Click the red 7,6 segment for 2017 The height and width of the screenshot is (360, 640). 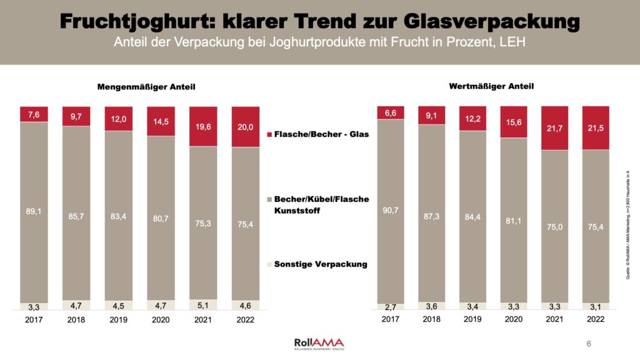[34, 114]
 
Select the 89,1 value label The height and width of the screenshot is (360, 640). [34, 211]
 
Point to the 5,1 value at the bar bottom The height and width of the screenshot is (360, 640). [202, 306]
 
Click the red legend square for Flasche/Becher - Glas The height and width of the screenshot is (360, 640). [269, 135]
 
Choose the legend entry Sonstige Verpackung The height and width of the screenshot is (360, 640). [321, 264]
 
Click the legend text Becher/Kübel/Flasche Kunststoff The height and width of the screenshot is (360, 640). [321, 204]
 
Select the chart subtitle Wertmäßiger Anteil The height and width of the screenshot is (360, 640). [491, 86]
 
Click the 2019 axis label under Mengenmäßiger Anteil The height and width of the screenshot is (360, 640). [118, 319]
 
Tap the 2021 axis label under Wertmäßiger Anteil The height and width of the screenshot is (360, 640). [554, 319]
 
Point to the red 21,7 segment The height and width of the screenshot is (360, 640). [554, 128]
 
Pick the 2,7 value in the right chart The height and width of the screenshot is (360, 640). [391, 307]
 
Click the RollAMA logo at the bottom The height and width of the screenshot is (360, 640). [319, 344]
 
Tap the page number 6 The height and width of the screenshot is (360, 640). [589, 344]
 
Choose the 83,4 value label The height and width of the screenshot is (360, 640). [118, 217]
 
